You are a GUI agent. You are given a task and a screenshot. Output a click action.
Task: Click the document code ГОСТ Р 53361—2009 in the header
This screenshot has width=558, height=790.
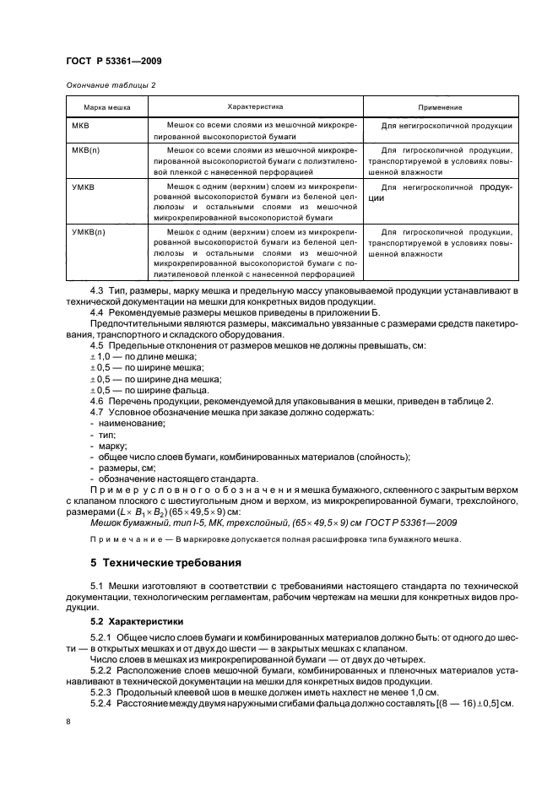pyautogui.click(x=113, y=61)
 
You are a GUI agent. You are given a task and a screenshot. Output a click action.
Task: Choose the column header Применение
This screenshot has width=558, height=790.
pyautogui.click(x=440, y=108)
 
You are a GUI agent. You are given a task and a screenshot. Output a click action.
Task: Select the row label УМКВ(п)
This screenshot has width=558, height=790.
pyautogui.click(x=89, y=231)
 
